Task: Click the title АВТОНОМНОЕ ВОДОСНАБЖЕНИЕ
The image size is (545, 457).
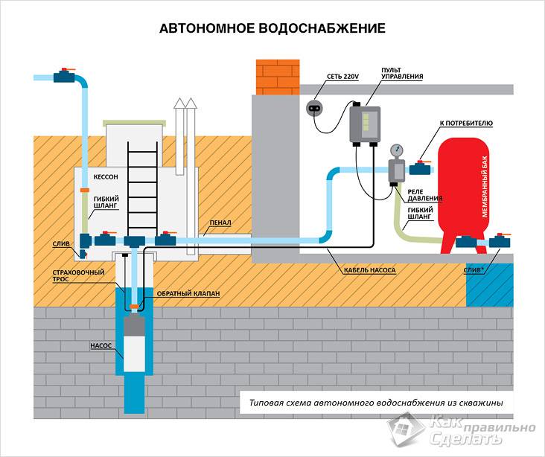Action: click(x=272, y=29)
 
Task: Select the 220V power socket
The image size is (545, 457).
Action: click(x=315, y=108)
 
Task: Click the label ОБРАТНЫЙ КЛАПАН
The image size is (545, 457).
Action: click(x=188, y=294)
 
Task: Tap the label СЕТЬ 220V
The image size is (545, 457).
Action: click(x=342, y=77)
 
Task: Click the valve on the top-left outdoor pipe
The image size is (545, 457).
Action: click(x=64, y=77)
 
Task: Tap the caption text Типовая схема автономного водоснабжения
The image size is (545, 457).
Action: click(x=376, y=403)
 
